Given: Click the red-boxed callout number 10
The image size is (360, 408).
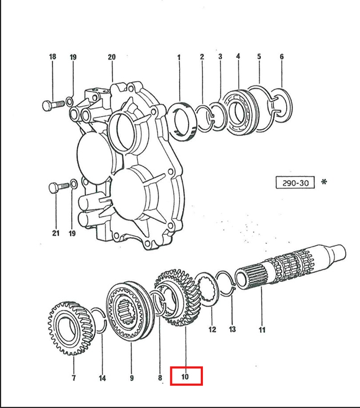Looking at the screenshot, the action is point(185,377).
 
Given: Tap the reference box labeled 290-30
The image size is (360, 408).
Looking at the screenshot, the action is point(295,182).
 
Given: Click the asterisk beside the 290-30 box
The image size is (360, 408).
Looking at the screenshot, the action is point(324,181).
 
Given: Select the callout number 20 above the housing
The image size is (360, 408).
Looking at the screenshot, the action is point(111,57).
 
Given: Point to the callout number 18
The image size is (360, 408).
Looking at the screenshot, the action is point(52,56).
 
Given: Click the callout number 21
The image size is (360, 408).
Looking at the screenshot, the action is point(56,233).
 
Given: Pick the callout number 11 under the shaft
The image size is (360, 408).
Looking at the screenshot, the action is point(262,330).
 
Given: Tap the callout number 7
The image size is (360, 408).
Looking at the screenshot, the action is point(74,378).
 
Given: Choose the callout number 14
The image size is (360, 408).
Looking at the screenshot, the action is point(102,378).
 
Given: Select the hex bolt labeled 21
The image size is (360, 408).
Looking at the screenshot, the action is point(60,187).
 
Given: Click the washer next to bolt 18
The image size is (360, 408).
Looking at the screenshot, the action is point(69,101).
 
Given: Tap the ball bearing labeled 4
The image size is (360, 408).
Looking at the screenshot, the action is point(240,112).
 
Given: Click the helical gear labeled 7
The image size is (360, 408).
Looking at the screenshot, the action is point(71,329).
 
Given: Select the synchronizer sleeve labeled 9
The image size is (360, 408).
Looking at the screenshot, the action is point(130,312).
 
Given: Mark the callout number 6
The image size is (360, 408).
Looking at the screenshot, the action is point(282,56).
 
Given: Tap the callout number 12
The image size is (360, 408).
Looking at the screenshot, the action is point(212,329).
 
